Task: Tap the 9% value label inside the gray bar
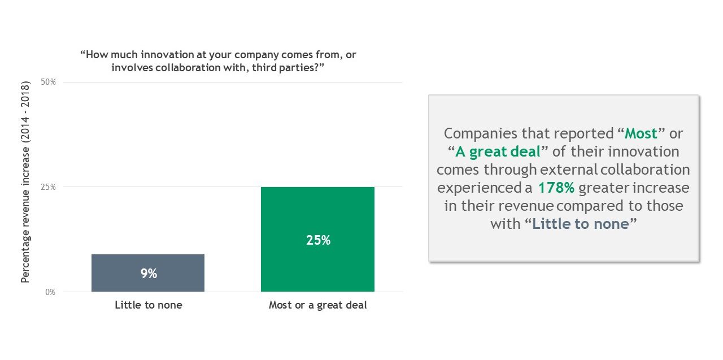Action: coord(149,274)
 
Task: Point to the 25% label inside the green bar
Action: coord(318,240)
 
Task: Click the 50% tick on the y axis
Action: coord(49,82)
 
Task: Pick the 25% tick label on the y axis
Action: coord(49,187)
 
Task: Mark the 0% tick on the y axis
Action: coord(50,292)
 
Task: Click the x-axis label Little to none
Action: coord(149,305)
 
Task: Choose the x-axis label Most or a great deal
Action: coord(317,305)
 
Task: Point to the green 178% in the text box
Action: coord(556,188)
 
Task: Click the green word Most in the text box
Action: coord(641,134)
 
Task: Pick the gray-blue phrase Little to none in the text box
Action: coord(580,224)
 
